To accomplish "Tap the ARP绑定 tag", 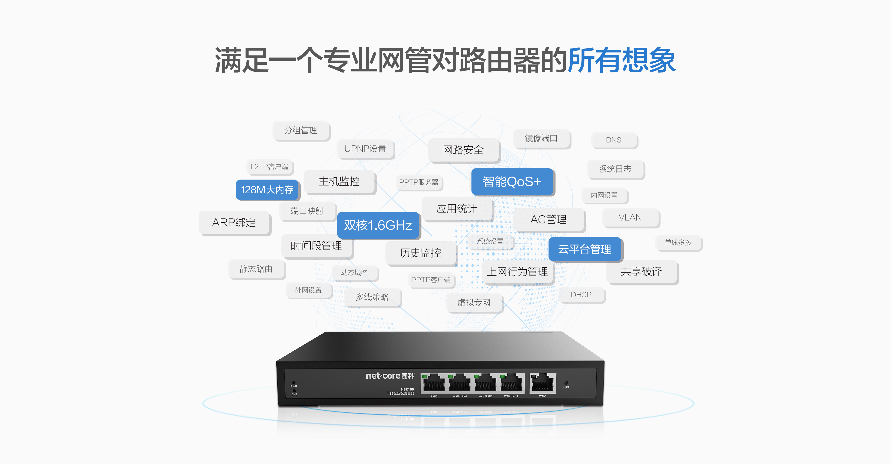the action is point(234,222).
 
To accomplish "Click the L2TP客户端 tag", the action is point(269,167).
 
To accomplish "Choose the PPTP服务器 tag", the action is point(419,182).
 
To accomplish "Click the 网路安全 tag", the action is point(464,150).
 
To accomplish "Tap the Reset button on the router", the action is point(566,383).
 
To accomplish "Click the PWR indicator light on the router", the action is point(294,383).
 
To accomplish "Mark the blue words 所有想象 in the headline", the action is point(622,60).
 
